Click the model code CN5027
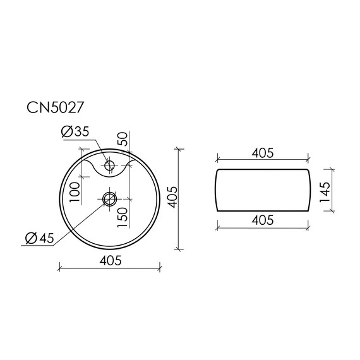pyautogui.click(x=56, y=107)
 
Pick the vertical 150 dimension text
pyautogui.click(x=123, y=219)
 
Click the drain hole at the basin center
pyautogui.click(x=109, y=200)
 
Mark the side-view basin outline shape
pyautogui.click(x=262, y=189)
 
